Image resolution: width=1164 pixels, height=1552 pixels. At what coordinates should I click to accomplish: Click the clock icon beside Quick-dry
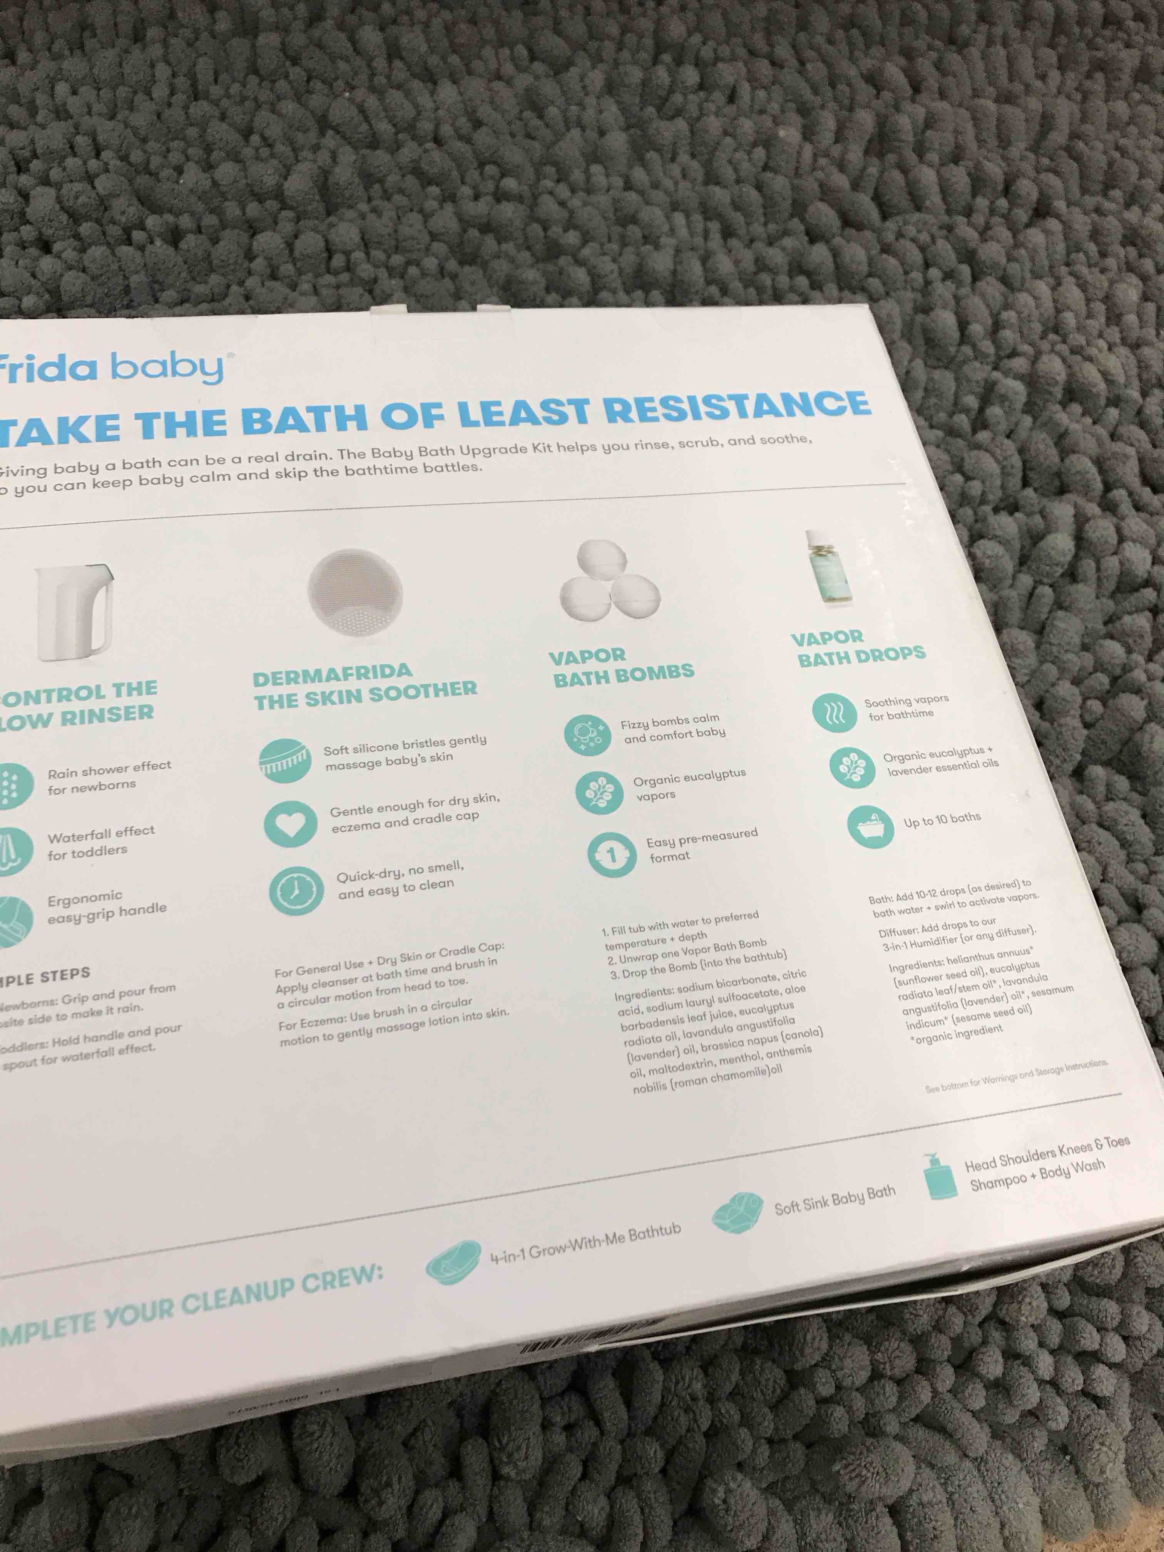coord(296,891)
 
